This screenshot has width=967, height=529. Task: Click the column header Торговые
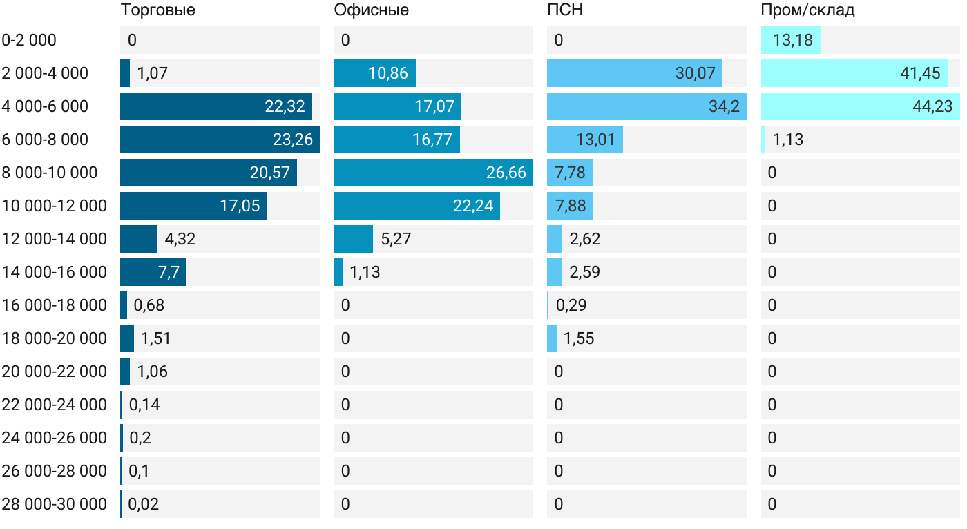[157, 10]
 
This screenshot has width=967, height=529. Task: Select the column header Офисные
[371, 10]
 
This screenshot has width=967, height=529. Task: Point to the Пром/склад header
[807, 10]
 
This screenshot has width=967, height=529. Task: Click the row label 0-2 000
[29, 40]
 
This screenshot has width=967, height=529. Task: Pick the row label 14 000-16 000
[54, 272]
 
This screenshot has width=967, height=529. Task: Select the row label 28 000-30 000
[54, 504]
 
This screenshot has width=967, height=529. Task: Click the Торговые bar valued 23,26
[220, 140]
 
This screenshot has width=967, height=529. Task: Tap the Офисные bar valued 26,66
[433, 173]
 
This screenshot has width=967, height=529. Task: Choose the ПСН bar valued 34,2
[647, 106]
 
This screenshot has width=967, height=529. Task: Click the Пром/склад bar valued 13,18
[790, 40]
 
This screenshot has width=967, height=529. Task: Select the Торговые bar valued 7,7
[153, 272]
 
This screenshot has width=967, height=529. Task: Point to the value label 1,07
[153, 73]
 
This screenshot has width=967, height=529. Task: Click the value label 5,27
[396, 239]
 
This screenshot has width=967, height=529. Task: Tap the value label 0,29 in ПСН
[571, 305]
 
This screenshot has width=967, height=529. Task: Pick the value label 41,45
[920, 73]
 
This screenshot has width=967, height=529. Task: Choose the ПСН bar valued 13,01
[584, 140]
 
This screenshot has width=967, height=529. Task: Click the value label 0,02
[144, 504]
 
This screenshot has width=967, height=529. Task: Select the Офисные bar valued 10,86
[374, 73]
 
